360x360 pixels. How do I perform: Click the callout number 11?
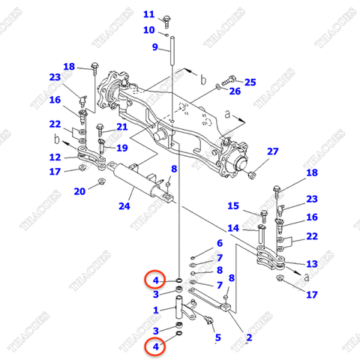148,14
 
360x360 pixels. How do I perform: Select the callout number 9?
155,47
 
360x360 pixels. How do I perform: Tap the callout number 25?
250,81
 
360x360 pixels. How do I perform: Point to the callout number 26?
235,91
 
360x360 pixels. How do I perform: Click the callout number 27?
272,151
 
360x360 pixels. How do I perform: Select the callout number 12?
55,157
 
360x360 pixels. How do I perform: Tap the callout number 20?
79,191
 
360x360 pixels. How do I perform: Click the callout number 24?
124,206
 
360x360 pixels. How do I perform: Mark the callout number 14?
233,228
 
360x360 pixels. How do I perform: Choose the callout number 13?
312,263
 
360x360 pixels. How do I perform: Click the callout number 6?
219,243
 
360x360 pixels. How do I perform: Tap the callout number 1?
155,310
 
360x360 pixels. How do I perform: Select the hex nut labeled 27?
253,175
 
